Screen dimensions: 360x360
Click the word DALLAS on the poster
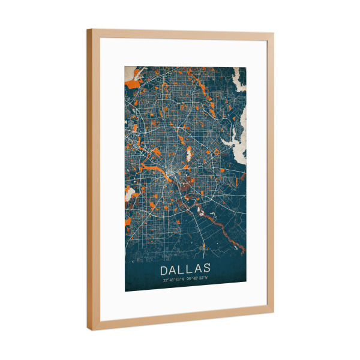[185, 268]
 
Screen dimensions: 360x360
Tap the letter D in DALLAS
[163, 268]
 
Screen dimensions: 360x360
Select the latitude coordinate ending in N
[173, 279]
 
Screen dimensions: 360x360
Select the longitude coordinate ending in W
[197, 279]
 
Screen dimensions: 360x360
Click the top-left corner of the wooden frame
[88, 29]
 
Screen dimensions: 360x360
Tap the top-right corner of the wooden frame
[273, 35]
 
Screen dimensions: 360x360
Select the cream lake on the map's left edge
[128, 194]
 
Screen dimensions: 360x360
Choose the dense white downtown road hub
[172, 175]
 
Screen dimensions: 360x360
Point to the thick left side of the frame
[90, 180]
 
